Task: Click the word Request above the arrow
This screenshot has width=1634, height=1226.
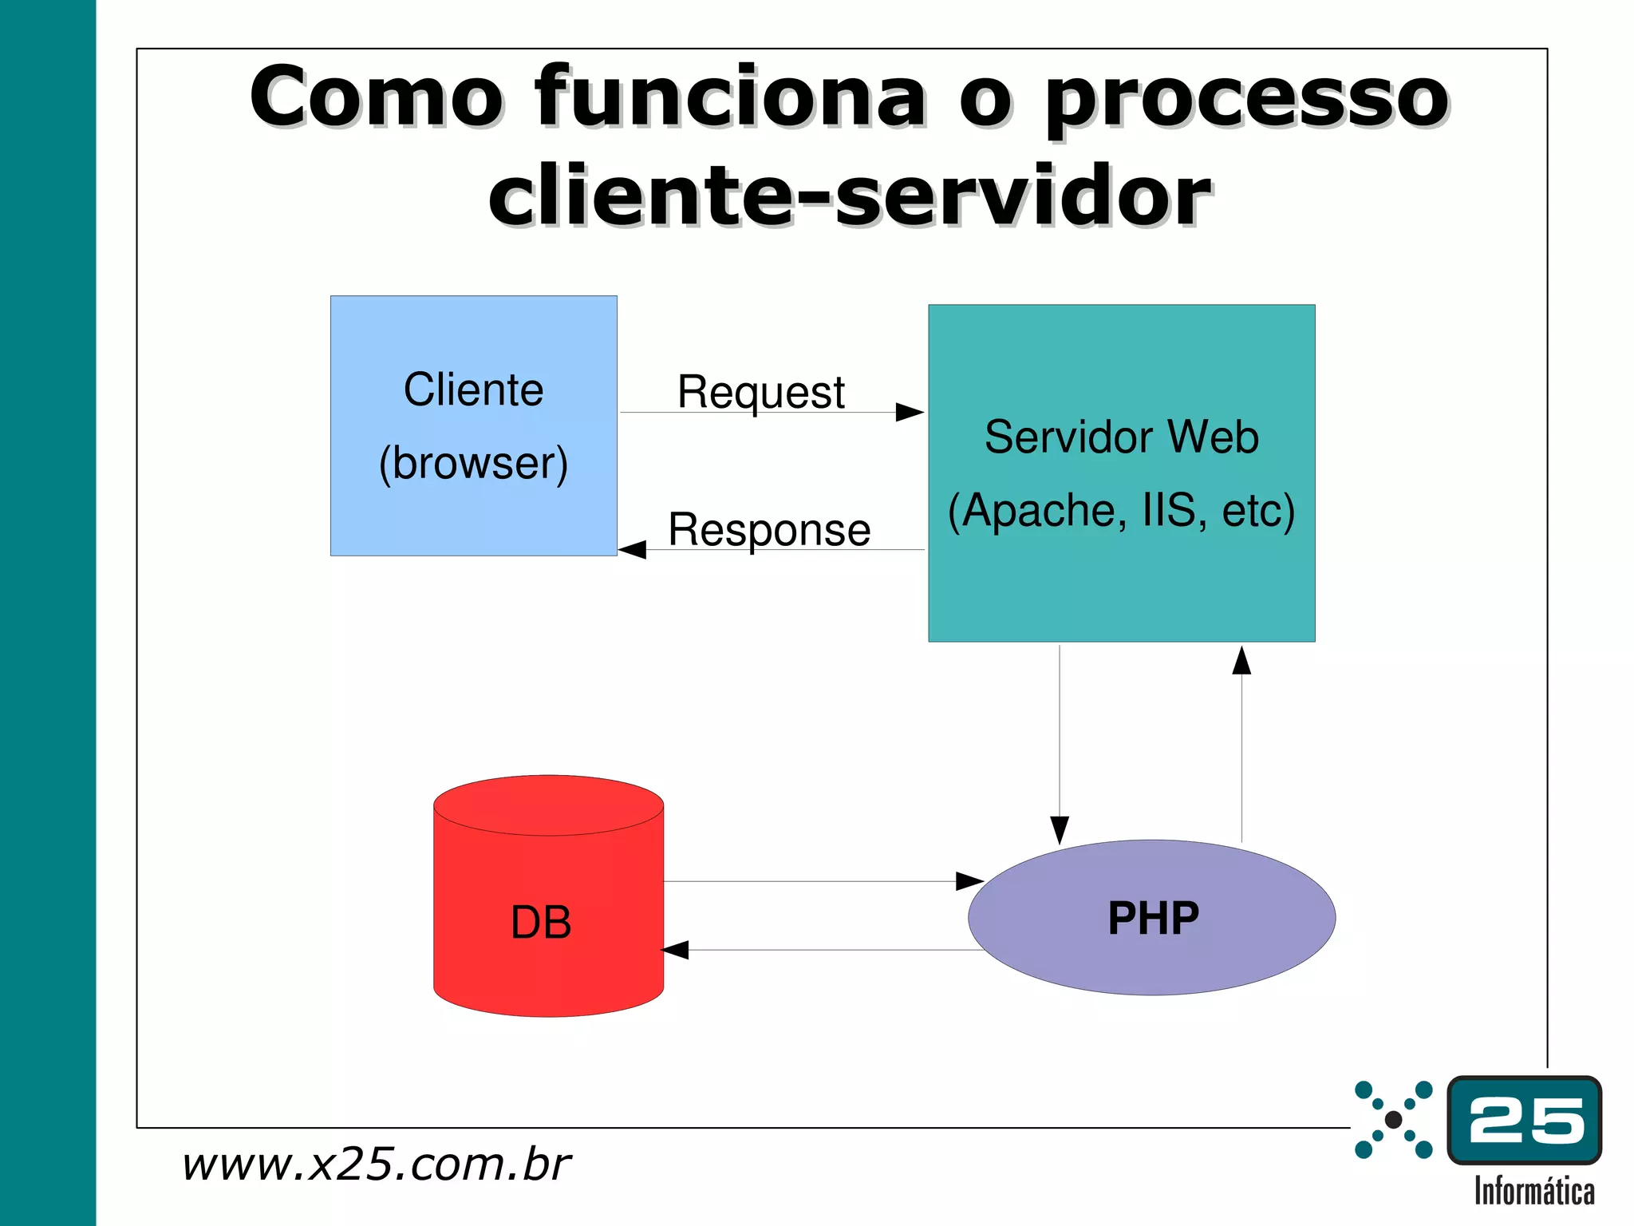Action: pyautogui.click(x=760, y=392)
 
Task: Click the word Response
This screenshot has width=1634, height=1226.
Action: pyautogui.click(x=769, y=529)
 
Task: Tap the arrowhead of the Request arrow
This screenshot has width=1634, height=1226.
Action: pyautogui.click(x=910, y=413)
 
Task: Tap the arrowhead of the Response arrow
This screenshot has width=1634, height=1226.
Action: pyautogui.click(x=632, y=550)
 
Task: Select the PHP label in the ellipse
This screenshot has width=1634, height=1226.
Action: pyautogui.click(x=1153, y=918)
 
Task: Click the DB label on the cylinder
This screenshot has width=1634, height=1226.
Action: pyautogui.click(x=541, y=923)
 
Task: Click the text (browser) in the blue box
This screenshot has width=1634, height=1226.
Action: pyautogui.click(x=473, y=463)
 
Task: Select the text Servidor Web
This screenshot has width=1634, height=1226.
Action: pyautogui.click(x=1121, y=437)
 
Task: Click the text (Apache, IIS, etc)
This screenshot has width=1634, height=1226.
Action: pyautogui.click(x=1121, y=510)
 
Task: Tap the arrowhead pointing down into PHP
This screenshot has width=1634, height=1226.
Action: pyautogui.click(x=1060, y=830)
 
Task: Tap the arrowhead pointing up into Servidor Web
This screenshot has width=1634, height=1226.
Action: pyautogui.click(x=1241, y=661)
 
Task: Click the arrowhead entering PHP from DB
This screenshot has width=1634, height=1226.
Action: pyautogui.click(x=969, y=881)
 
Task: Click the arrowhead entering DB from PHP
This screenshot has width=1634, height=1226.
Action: pyautogui.click(x=675, y=950)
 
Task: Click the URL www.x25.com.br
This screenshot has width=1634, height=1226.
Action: pyautogui.click(x=375, y=1164)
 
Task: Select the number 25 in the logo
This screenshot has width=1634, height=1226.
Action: pyautogui.click(x=1525, y=1120)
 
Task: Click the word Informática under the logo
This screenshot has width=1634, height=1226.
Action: pyautogui.click(x=1533, y=1191)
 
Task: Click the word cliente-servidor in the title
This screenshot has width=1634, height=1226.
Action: pyautogui.click(x=850, y=196)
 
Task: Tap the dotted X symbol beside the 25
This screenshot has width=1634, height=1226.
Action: pyautogui.click(x=1393, y=1119)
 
